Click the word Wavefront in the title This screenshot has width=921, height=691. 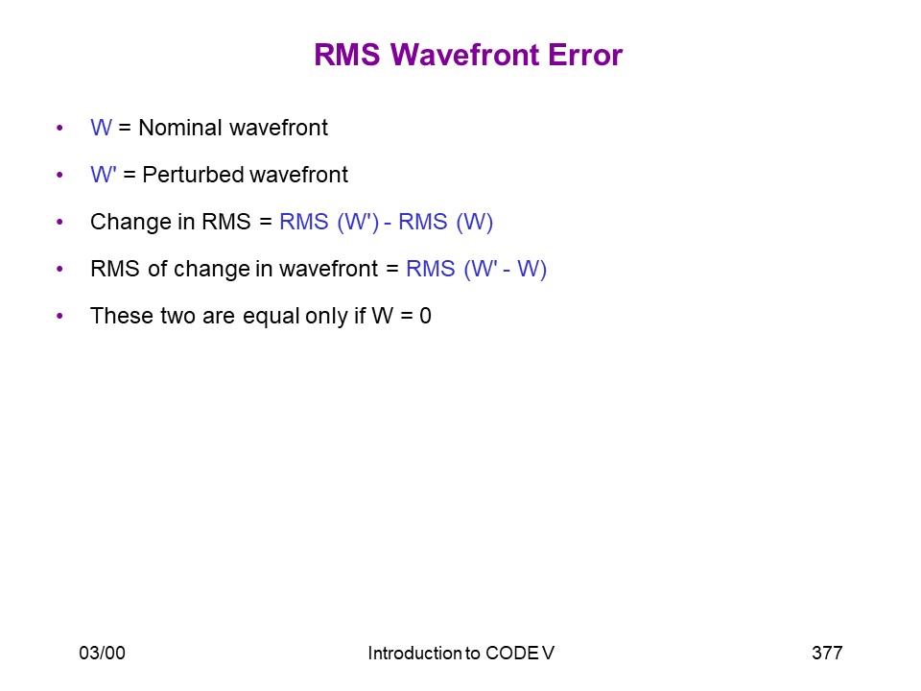click(465, 55)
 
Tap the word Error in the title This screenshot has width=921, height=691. click(585, 55)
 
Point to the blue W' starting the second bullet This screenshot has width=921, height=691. click(104, 175)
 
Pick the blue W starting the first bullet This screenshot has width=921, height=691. click(101, 128)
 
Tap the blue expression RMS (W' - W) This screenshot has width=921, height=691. click(477, 269)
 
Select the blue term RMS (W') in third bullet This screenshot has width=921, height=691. click(329, 222)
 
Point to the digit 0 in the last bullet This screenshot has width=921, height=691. click(425, 316)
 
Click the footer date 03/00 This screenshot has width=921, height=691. click(103, 653)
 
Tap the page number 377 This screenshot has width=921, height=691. click(827, 653)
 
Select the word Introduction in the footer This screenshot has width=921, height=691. click(414, 653)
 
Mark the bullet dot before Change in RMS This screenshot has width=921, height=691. click(59, 222)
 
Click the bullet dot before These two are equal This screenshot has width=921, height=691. click(59, 316)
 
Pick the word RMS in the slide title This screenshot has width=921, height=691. click(347, 55)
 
